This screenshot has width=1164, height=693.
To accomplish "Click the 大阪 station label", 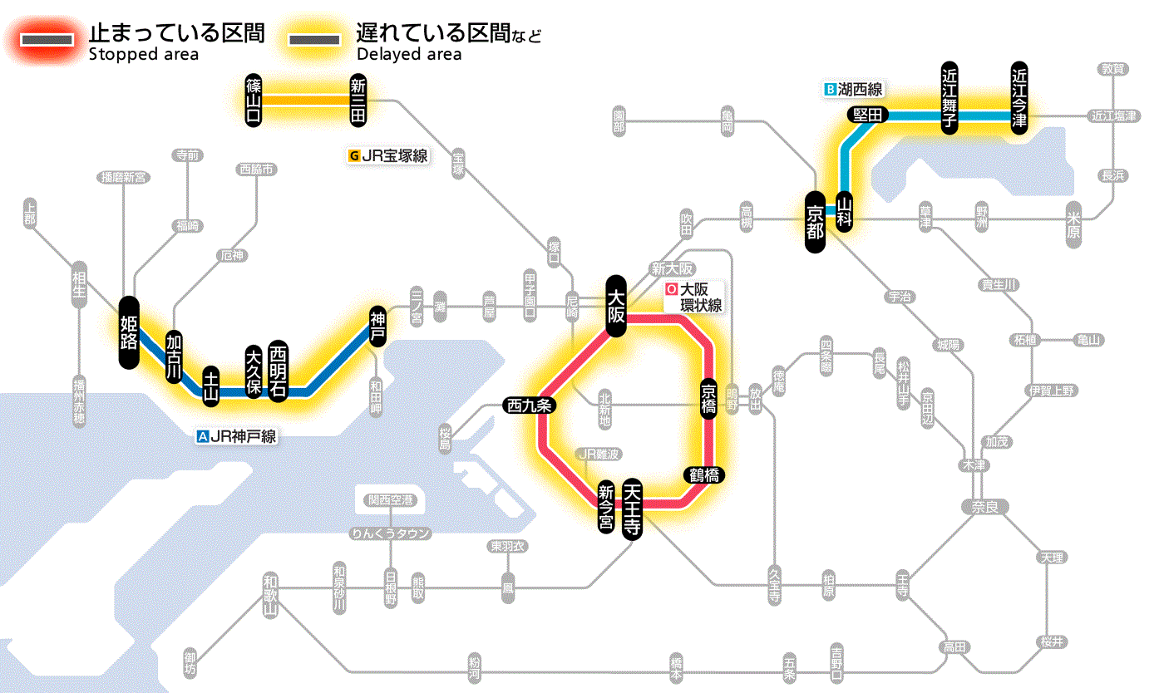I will click(616, 306).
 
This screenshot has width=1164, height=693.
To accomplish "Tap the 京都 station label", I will click(816, 221).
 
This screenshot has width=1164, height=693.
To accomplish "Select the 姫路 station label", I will click(129, 332).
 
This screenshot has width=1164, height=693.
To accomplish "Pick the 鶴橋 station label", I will click(703, 475).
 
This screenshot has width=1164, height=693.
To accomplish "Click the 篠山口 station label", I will click(254, 100).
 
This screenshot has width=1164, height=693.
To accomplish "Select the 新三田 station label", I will click(358, 100).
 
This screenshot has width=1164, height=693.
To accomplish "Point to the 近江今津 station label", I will click(1018, 96).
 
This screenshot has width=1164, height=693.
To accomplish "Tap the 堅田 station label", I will click(868, 116).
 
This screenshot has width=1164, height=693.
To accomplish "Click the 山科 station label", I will click(845, 211).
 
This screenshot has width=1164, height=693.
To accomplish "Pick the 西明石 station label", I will click(278, 371).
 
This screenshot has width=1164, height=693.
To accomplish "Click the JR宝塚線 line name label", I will click(390, 155).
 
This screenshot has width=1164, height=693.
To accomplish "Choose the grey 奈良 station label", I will click(984, 505).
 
